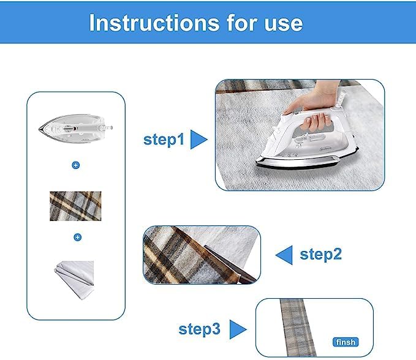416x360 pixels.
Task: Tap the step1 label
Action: click(x=164, y=140)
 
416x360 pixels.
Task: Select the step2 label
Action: click(x=320, y=254)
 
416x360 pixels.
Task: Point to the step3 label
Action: click(x=199, y=329)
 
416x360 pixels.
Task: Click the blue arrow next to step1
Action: click(x=199, y=140)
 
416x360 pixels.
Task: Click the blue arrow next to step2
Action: click(x=284, y=254)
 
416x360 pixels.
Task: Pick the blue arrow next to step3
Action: click(x=237, y=329)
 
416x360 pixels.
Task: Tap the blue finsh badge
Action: click(x=345, y=342)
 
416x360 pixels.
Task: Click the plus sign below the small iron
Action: click(x=75, y=165)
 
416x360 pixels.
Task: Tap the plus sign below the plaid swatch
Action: click(x=75, y=237)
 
